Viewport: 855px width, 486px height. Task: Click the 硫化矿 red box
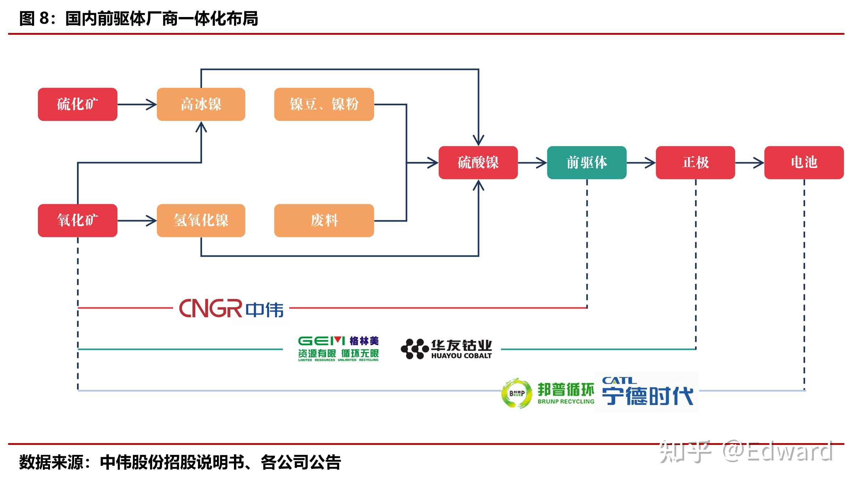click(77, 104)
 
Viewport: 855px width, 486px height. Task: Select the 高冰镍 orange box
click(201, 104)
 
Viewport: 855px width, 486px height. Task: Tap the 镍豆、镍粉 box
click(324, 104)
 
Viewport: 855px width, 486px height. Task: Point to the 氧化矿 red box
click(77, 220)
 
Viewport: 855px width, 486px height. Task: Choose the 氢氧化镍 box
click(201, 220)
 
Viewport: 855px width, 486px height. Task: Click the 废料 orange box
click(324, 220)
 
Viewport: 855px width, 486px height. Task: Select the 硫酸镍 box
click(478, 162)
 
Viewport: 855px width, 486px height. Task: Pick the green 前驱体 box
click(587, 162)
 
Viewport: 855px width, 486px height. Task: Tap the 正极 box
click(695, 162)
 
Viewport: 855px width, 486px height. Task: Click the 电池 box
click(804, 162)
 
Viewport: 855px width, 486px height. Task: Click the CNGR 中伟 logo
click(231, 308)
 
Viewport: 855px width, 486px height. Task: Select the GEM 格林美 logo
click(338, 349)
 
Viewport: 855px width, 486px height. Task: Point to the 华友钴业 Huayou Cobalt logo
click(446, 349)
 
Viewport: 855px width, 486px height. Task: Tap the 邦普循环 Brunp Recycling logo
click(548, 393)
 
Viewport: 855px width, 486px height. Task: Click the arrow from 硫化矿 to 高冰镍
click(137, 104)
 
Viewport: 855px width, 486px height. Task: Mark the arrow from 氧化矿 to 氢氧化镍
click(137, 220)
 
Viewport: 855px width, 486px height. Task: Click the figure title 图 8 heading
click(138, 18)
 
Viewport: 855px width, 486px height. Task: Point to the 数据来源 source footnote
click(180, 462)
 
